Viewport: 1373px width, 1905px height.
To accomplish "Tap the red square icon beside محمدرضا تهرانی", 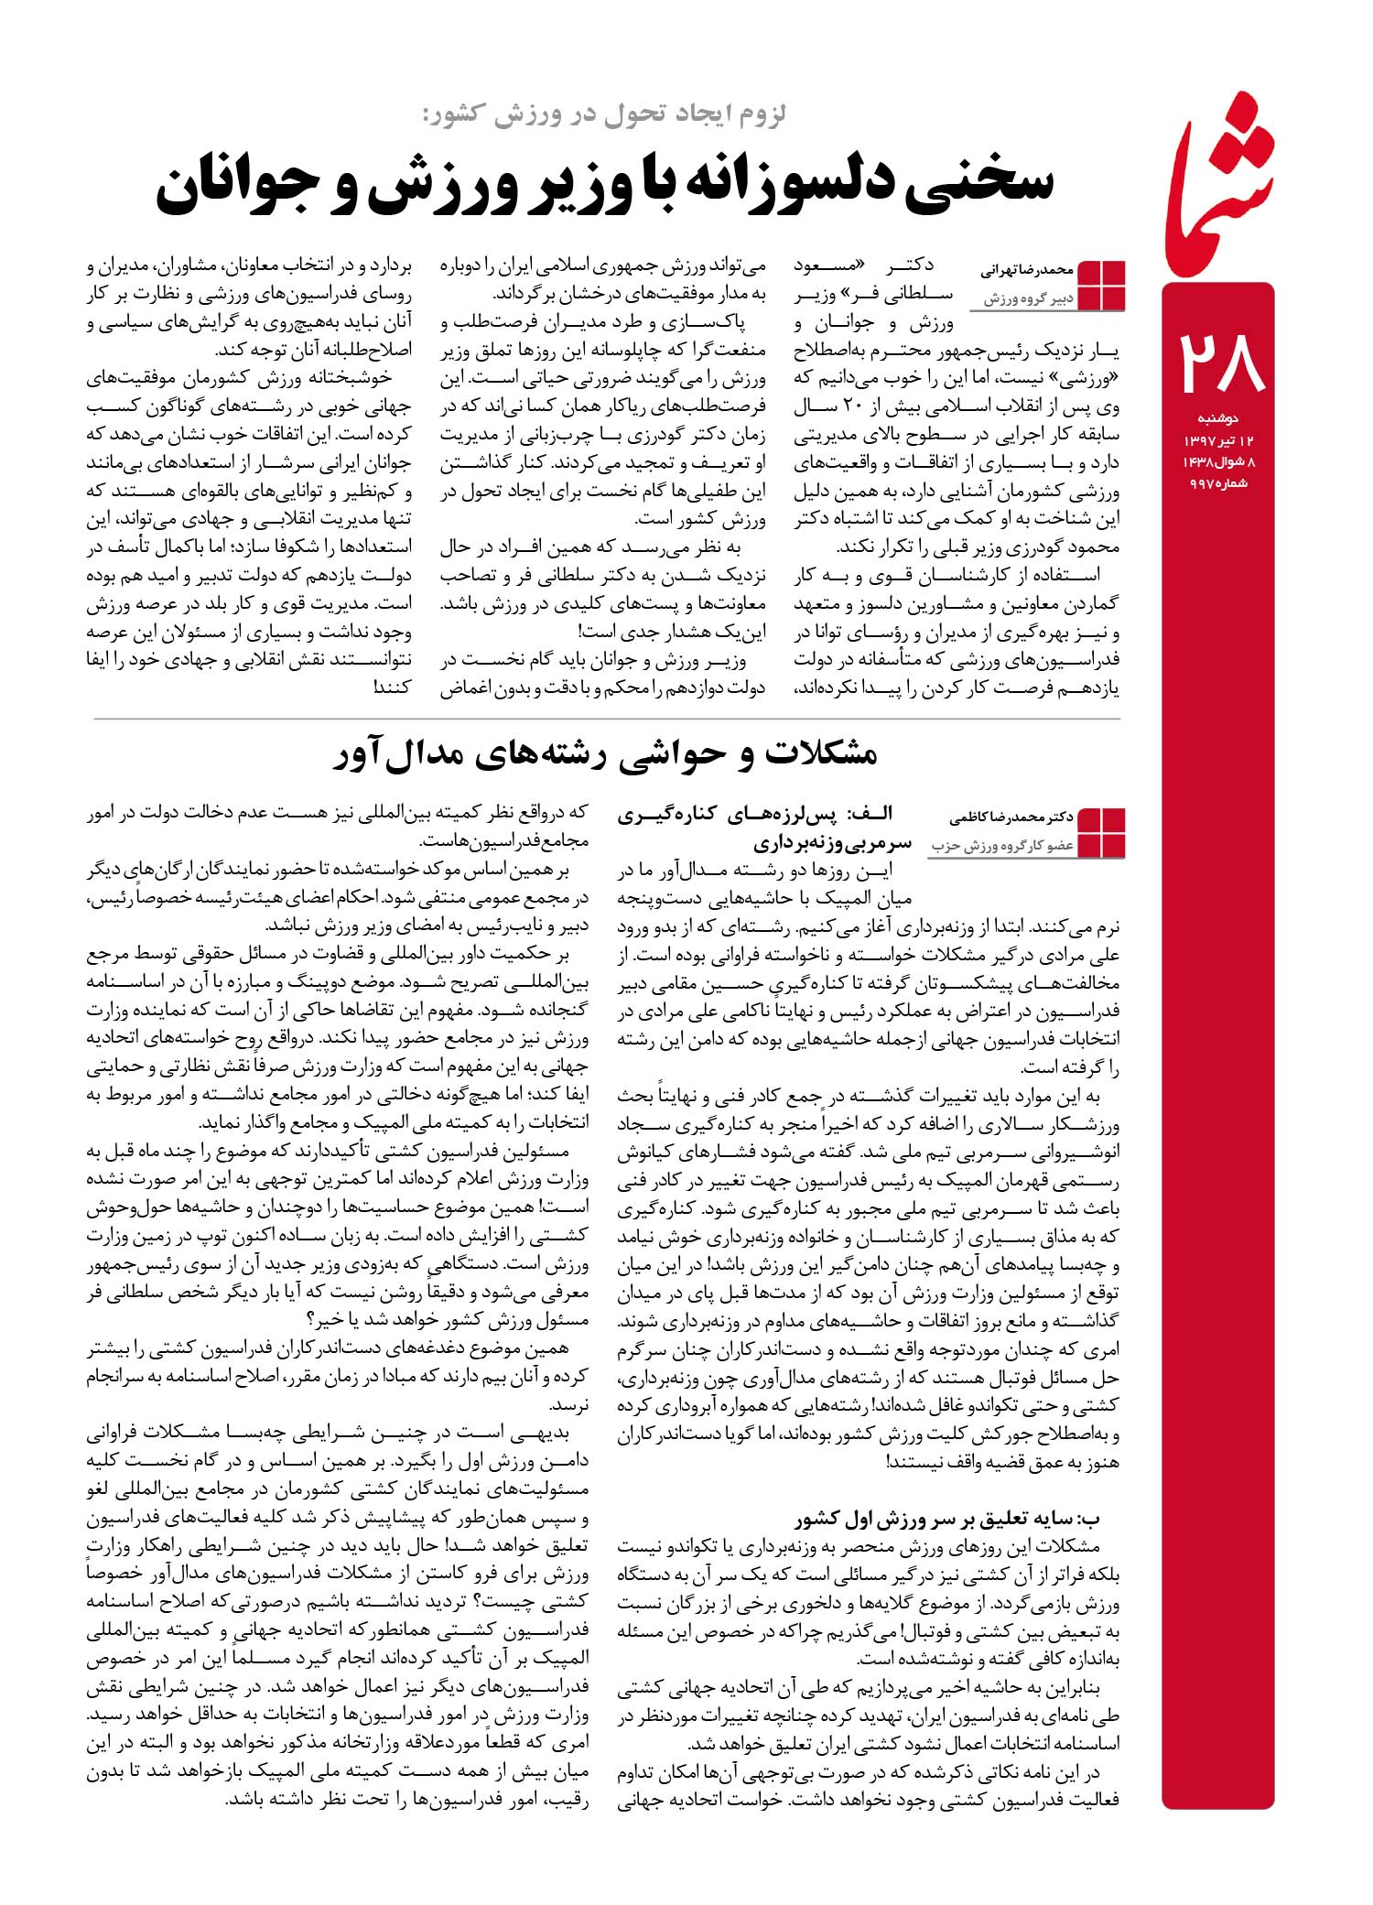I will point(1102,284).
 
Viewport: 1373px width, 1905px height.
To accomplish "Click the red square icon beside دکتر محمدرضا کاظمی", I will point(1102,832).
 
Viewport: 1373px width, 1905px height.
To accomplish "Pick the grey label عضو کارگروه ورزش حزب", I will point(1003,846).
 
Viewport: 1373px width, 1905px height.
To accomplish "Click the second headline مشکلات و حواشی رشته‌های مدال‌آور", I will point(604,756).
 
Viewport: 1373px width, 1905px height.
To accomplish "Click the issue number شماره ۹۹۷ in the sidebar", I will point(1217,483).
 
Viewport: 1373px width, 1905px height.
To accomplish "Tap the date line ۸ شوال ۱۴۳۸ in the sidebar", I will point(1219,462).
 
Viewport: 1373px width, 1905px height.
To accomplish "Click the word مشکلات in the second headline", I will point(819,756).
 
